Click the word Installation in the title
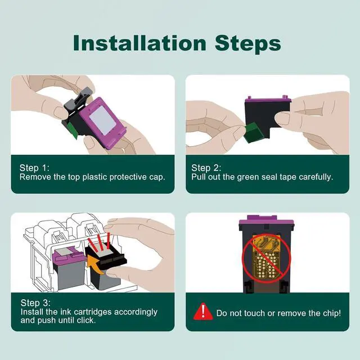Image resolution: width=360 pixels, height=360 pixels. pos(139,43)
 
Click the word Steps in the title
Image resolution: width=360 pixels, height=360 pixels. pos(248,44)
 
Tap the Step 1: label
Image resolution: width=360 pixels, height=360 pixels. pos(34,168)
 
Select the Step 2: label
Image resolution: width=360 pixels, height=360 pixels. pos(206,168)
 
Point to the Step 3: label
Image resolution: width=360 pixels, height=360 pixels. pos(35,303)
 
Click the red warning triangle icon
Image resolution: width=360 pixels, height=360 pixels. pos(203,312)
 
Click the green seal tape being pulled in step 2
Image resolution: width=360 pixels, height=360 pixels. pos(253,133)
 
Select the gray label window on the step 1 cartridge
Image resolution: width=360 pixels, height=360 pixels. pos(102,120)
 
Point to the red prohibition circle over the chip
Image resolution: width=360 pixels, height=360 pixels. pos(267,259)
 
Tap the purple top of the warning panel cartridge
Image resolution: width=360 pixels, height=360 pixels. pos(266,220)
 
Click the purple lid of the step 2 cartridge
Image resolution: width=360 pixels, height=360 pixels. pos(268,100)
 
